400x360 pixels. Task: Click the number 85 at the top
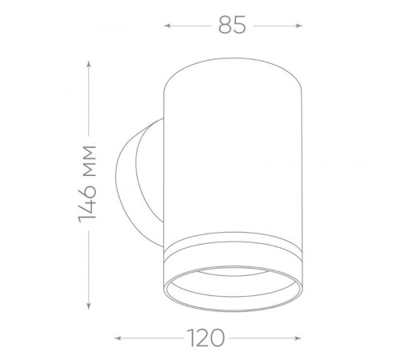[x=232, y=25]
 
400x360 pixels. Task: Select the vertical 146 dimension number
[x=87, y=201]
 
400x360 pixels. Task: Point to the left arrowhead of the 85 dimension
[x=167, y=26]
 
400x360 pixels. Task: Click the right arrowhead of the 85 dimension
[x=299, y=26]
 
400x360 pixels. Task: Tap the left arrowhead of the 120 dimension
[x=118, y=338]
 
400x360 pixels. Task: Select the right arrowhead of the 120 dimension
[x=298, y=338]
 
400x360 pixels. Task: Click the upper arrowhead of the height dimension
[x=89, y=64]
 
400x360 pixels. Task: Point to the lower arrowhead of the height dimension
[x=89, y=306]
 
